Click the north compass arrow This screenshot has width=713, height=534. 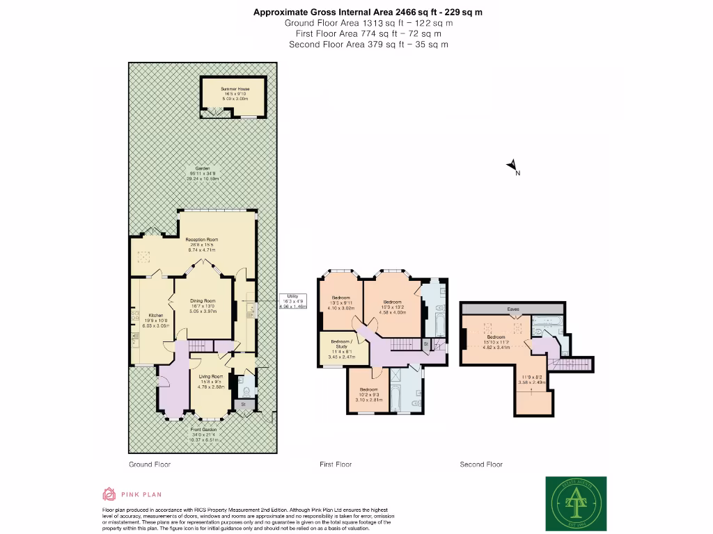(x=512, y=165)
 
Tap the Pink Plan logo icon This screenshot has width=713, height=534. (x=109, y=494)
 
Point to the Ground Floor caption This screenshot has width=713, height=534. (x=150, y=464)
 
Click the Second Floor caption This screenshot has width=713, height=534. (x=481, y=464)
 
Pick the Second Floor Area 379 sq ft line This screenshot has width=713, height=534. (x=368, y=44)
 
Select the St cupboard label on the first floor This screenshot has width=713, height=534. (x=425, y=344)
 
